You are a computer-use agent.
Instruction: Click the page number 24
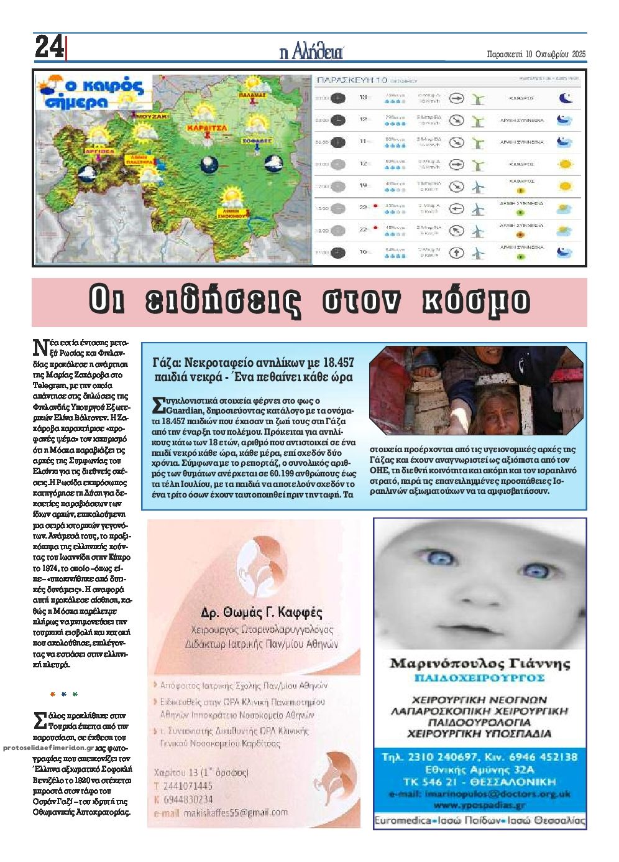[49, 47]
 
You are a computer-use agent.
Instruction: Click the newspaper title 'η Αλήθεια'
[311, 52]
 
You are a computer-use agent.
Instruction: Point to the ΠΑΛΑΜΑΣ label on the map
[252, 95]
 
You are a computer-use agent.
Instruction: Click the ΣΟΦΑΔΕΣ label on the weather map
[257, 141]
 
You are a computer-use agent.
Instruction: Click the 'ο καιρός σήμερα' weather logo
[90, 93]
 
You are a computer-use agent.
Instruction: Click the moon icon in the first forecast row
[565, 98]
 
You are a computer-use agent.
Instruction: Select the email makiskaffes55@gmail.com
[228, 812]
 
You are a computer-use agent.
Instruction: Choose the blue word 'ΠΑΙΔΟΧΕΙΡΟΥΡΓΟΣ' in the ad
[479, 677]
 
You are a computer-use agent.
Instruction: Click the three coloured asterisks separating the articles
[63, 694]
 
